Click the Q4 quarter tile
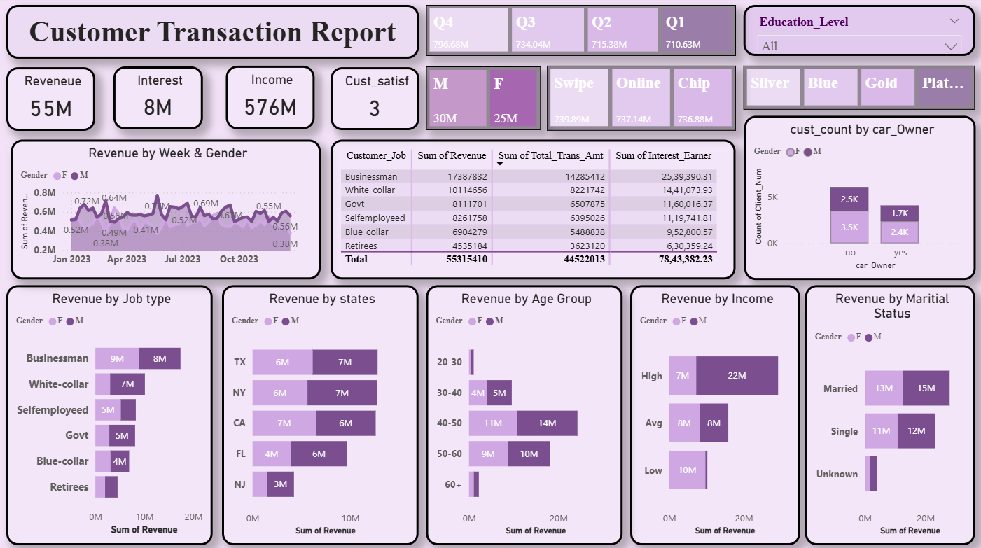(468, 30)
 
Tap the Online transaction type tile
(640, 98)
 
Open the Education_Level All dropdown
(859, 46)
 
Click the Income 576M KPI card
(270, 98)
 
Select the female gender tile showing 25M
(513, 98)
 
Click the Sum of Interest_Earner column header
(662, 156)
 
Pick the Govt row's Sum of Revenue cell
(452, 204)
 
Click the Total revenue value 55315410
(452, 259)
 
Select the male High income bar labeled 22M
(737, 376)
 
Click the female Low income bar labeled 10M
(687, 470)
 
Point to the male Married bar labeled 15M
(926, 388)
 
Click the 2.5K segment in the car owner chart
(849, 199)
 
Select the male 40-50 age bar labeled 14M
(547, 423)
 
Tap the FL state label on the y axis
(240, 454)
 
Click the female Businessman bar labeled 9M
(117, 358)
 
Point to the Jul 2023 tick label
(183, 259)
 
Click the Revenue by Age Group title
(526, 299)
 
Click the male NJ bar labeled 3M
(281, 484)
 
